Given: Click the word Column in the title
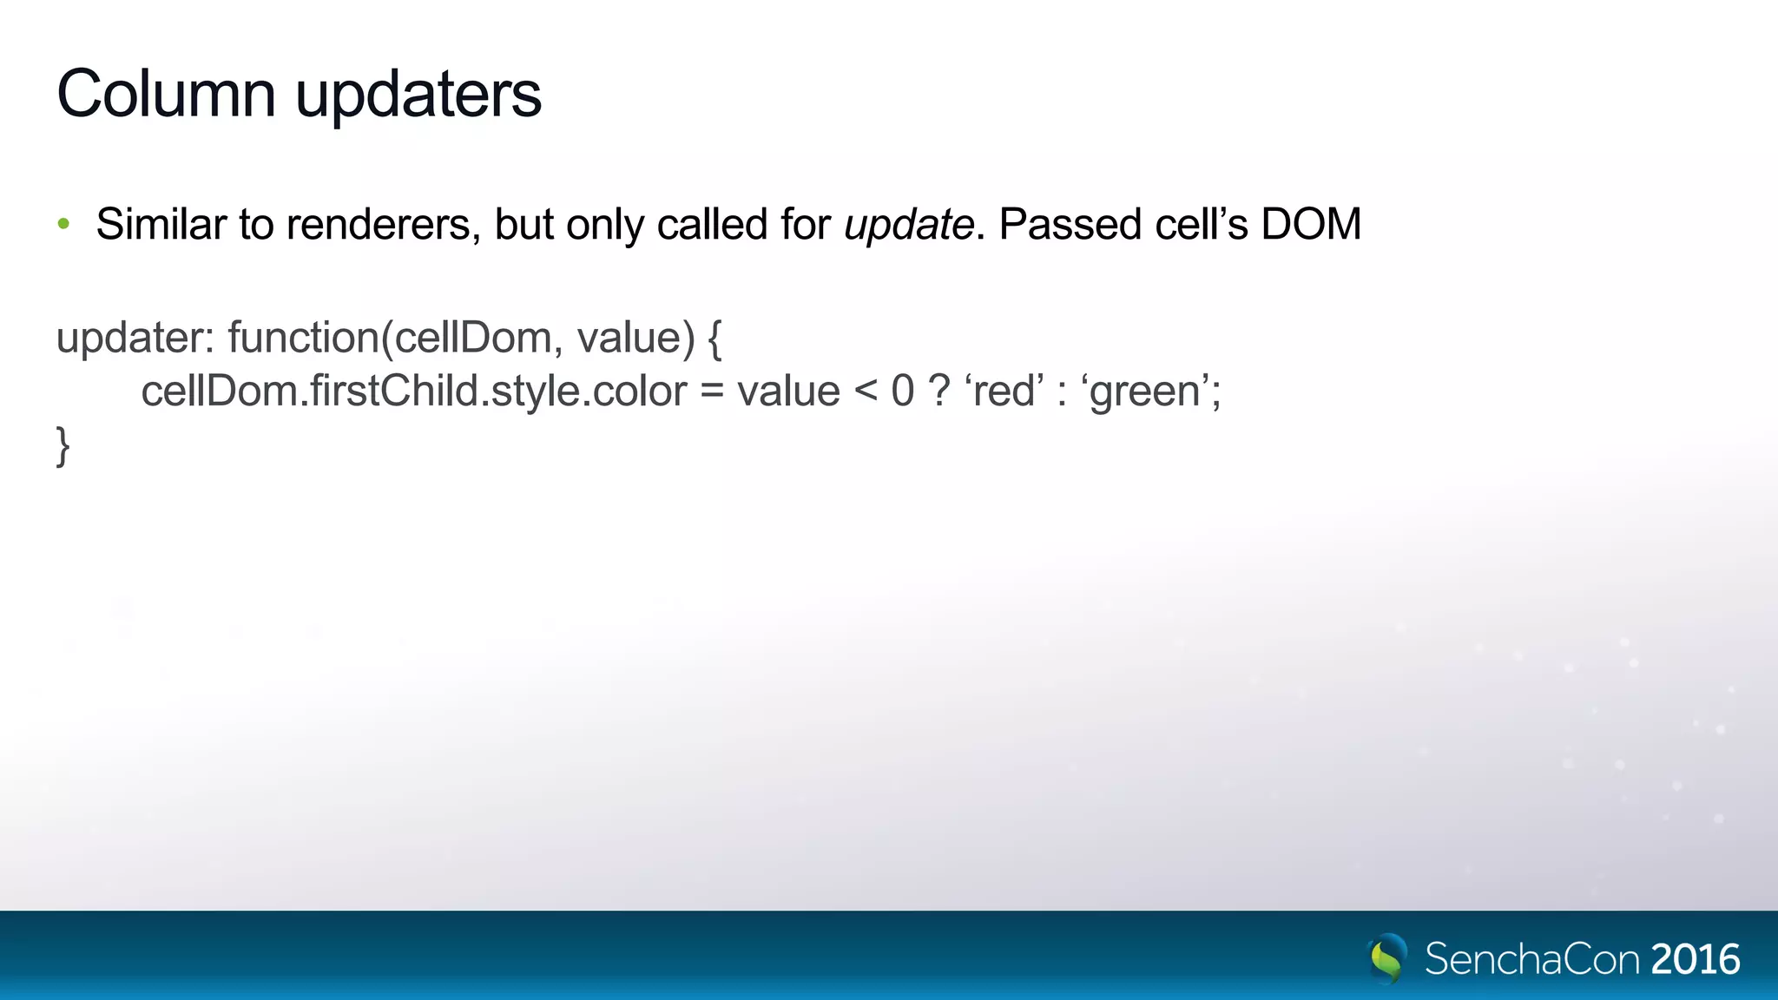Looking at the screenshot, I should (166, 94).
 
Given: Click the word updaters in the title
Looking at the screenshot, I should (418, 95).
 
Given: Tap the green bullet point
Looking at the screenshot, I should (63, 225).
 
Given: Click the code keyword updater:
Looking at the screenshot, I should (135, 339).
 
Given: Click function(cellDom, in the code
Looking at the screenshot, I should (390, 339).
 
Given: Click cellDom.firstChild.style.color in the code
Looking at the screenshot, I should (414, 391).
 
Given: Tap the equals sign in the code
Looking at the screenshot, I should (712, 391).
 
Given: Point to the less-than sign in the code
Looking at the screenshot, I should (866, 391).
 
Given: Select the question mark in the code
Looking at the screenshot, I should (938, 391).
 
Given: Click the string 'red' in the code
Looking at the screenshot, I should (1004, 391).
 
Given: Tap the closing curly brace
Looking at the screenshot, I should (63, 446).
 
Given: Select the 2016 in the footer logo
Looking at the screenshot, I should (1696, 960).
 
